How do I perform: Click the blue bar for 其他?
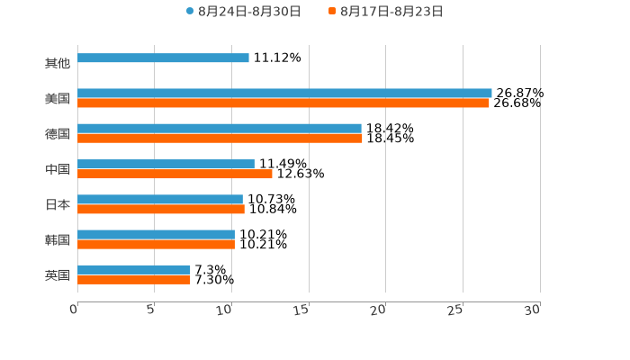(163, 58)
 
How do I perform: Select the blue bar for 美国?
(284, 93)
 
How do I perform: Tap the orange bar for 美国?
(283, 103)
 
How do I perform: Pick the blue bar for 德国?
(220, 129)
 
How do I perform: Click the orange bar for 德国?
(220, 139)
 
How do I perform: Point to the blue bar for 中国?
(166, 164)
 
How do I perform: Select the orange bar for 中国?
(175, 174)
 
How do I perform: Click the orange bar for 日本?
(161, 209)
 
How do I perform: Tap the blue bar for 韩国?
(156, 234)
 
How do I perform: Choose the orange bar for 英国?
(134, 280)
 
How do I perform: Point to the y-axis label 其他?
(58, 64)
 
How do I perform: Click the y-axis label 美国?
(58, 99)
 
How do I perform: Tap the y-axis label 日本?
(58, 204)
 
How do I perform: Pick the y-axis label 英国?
(58, 274)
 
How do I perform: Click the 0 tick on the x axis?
(75, 309)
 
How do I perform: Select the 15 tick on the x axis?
(302, 309)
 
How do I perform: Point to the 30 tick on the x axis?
(533, 309)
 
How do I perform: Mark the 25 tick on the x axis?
(456, 309)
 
